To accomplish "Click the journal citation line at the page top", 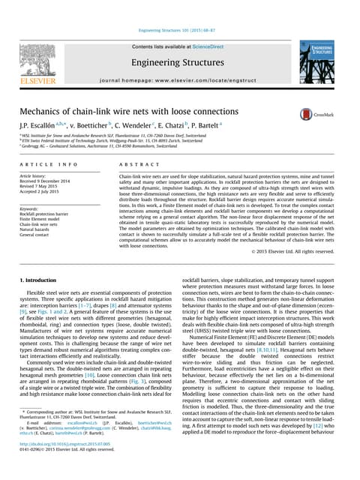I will (180, 10).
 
